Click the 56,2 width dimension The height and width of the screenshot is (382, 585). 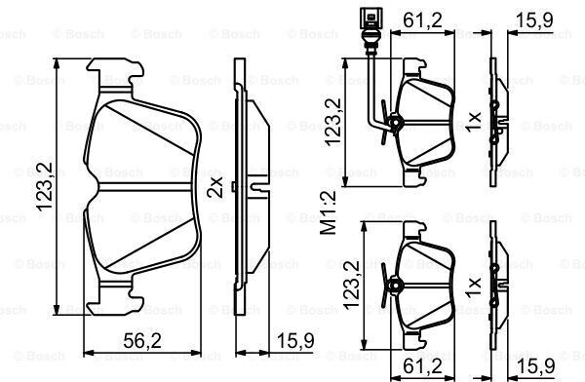click(x=142, y=341)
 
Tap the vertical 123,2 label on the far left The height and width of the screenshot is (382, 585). click(x=45, y=186)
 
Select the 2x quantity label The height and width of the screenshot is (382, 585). click(x=215, y=187)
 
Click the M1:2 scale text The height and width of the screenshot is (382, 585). click(x=328, y=211)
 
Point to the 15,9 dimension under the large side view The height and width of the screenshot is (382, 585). click(x=296, y=341)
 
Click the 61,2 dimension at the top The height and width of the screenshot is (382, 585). click(x=422, y=20)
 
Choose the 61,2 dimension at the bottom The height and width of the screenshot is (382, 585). click(x=422, y=366)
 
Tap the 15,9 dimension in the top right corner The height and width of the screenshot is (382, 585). click(x=534, y=20)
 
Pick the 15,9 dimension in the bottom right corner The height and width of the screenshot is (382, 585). click(x=535, y=366)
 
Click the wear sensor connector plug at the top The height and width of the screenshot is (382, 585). click(x=370, y=18)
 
